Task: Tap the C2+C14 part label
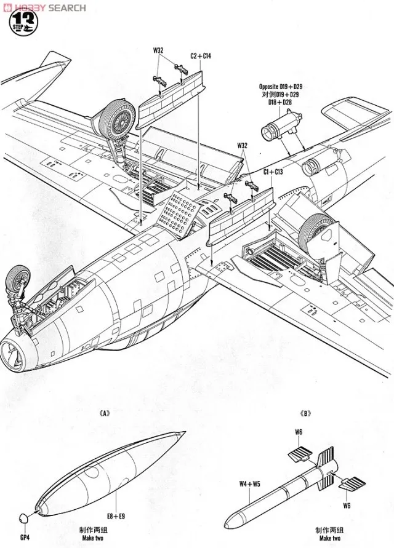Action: click(x=201, y=56)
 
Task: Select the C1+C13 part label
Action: click(x=255, y=170)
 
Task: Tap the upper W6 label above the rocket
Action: click(x=297, y=431)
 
